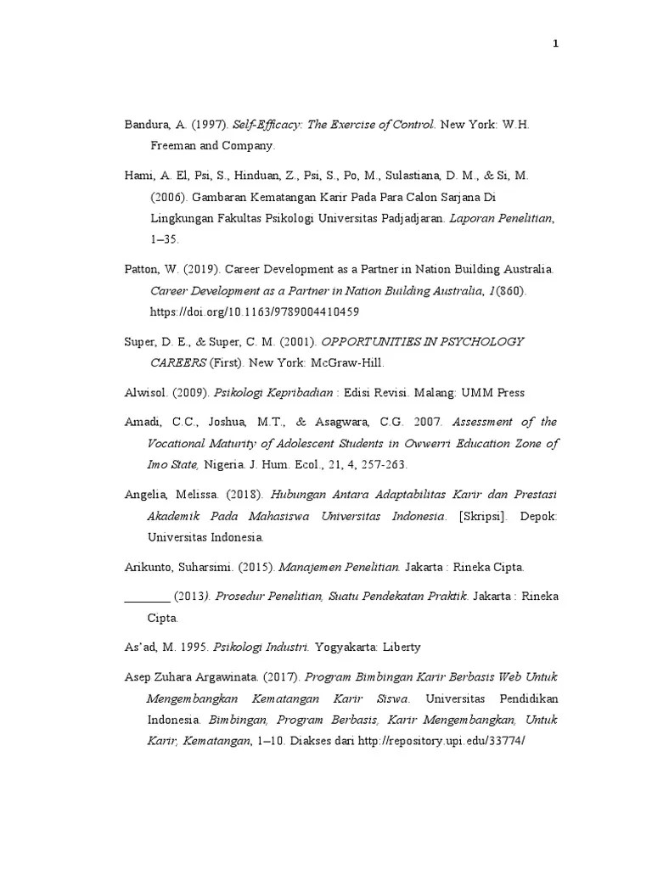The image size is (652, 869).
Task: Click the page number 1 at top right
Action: point(555,44)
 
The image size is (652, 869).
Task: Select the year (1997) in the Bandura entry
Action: point(209,125)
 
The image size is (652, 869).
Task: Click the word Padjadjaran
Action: point(419,219)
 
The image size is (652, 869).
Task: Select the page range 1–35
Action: point(165,240)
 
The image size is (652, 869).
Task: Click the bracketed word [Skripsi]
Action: point(481,515)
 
